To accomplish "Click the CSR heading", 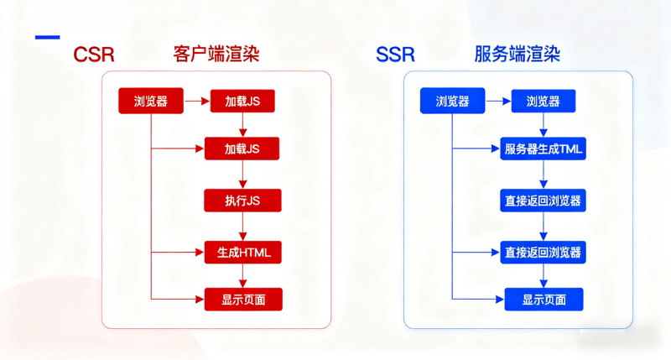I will coord(93,55).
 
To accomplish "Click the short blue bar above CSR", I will coord(47,37).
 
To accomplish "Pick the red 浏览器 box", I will coord(151,102).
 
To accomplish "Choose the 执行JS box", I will coord(242,201).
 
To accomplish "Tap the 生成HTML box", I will coord(242,251).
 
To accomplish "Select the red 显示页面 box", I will coord(242,299).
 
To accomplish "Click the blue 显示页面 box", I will coord(544,299).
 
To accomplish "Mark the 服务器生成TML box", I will coord(544,150).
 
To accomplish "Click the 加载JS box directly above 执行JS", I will coord(242,149).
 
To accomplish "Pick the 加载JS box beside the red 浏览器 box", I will coord(242,102).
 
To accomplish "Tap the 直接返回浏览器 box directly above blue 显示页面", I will coord(544,251).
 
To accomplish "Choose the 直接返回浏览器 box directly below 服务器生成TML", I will coord(544,201).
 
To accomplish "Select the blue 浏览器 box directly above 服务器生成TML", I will coord(544,102).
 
